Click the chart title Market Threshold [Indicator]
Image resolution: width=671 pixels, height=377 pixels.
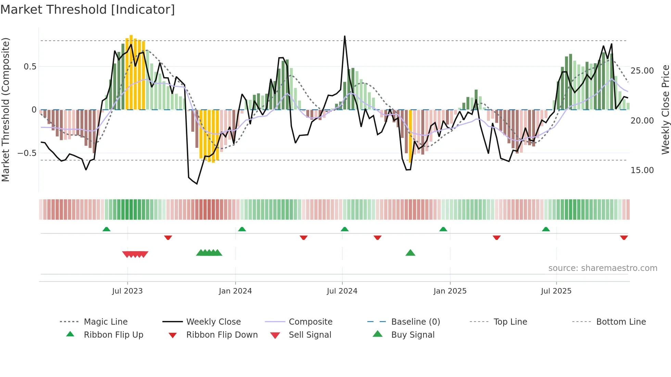coord(88,10)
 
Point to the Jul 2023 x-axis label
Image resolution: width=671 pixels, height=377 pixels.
coord(127,291)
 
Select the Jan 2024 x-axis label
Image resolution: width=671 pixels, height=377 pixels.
coord(235,291)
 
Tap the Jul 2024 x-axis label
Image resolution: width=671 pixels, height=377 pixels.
coord(342,291)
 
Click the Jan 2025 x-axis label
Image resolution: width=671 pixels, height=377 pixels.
coord(450,291)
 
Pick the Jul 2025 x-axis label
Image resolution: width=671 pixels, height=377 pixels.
coord(556,291)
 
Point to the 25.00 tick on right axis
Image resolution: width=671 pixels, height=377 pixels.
coord(642,71)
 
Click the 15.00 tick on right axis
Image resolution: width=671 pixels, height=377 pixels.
coord(642,170)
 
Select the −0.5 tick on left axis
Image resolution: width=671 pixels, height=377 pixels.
coord(27,153)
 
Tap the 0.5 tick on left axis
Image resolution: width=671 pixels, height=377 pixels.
coord(30,67)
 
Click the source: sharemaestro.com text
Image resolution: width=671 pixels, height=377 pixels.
coord(603,268)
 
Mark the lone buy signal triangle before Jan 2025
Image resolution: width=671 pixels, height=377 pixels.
coord(410,253)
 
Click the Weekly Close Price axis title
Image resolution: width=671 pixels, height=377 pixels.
coord(665,109)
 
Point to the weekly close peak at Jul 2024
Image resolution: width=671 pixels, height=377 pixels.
coord(344,37)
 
